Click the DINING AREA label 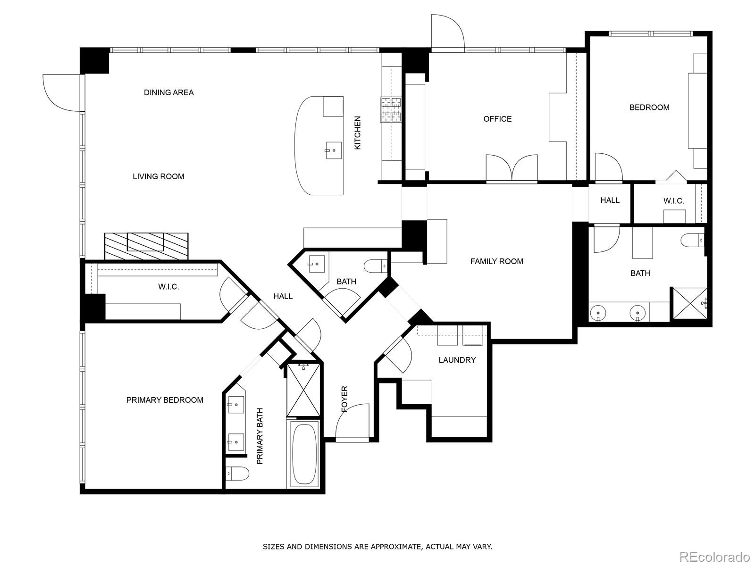168,92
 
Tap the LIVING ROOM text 158,176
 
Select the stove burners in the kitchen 391,109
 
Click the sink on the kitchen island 333,150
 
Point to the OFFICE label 497,119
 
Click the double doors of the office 512,168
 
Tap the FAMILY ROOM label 496,261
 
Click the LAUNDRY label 457,360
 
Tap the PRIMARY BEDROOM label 165,400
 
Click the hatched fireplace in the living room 146,246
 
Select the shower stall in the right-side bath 689,303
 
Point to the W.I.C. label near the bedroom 673,201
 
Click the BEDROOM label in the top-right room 649,108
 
